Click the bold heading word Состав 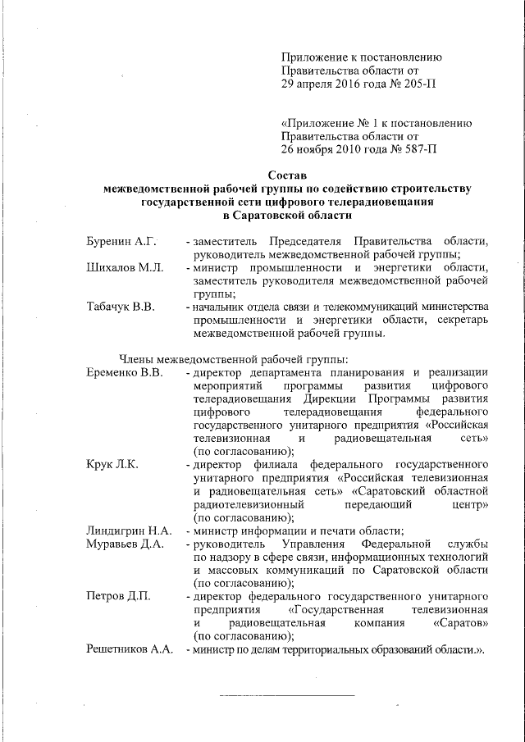tap(288, 175)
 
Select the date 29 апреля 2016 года tap(336, 85)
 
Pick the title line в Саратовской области tap(288, 215)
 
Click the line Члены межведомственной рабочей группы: tap(234, 358)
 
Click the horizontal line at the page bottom tap(286, 695)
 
